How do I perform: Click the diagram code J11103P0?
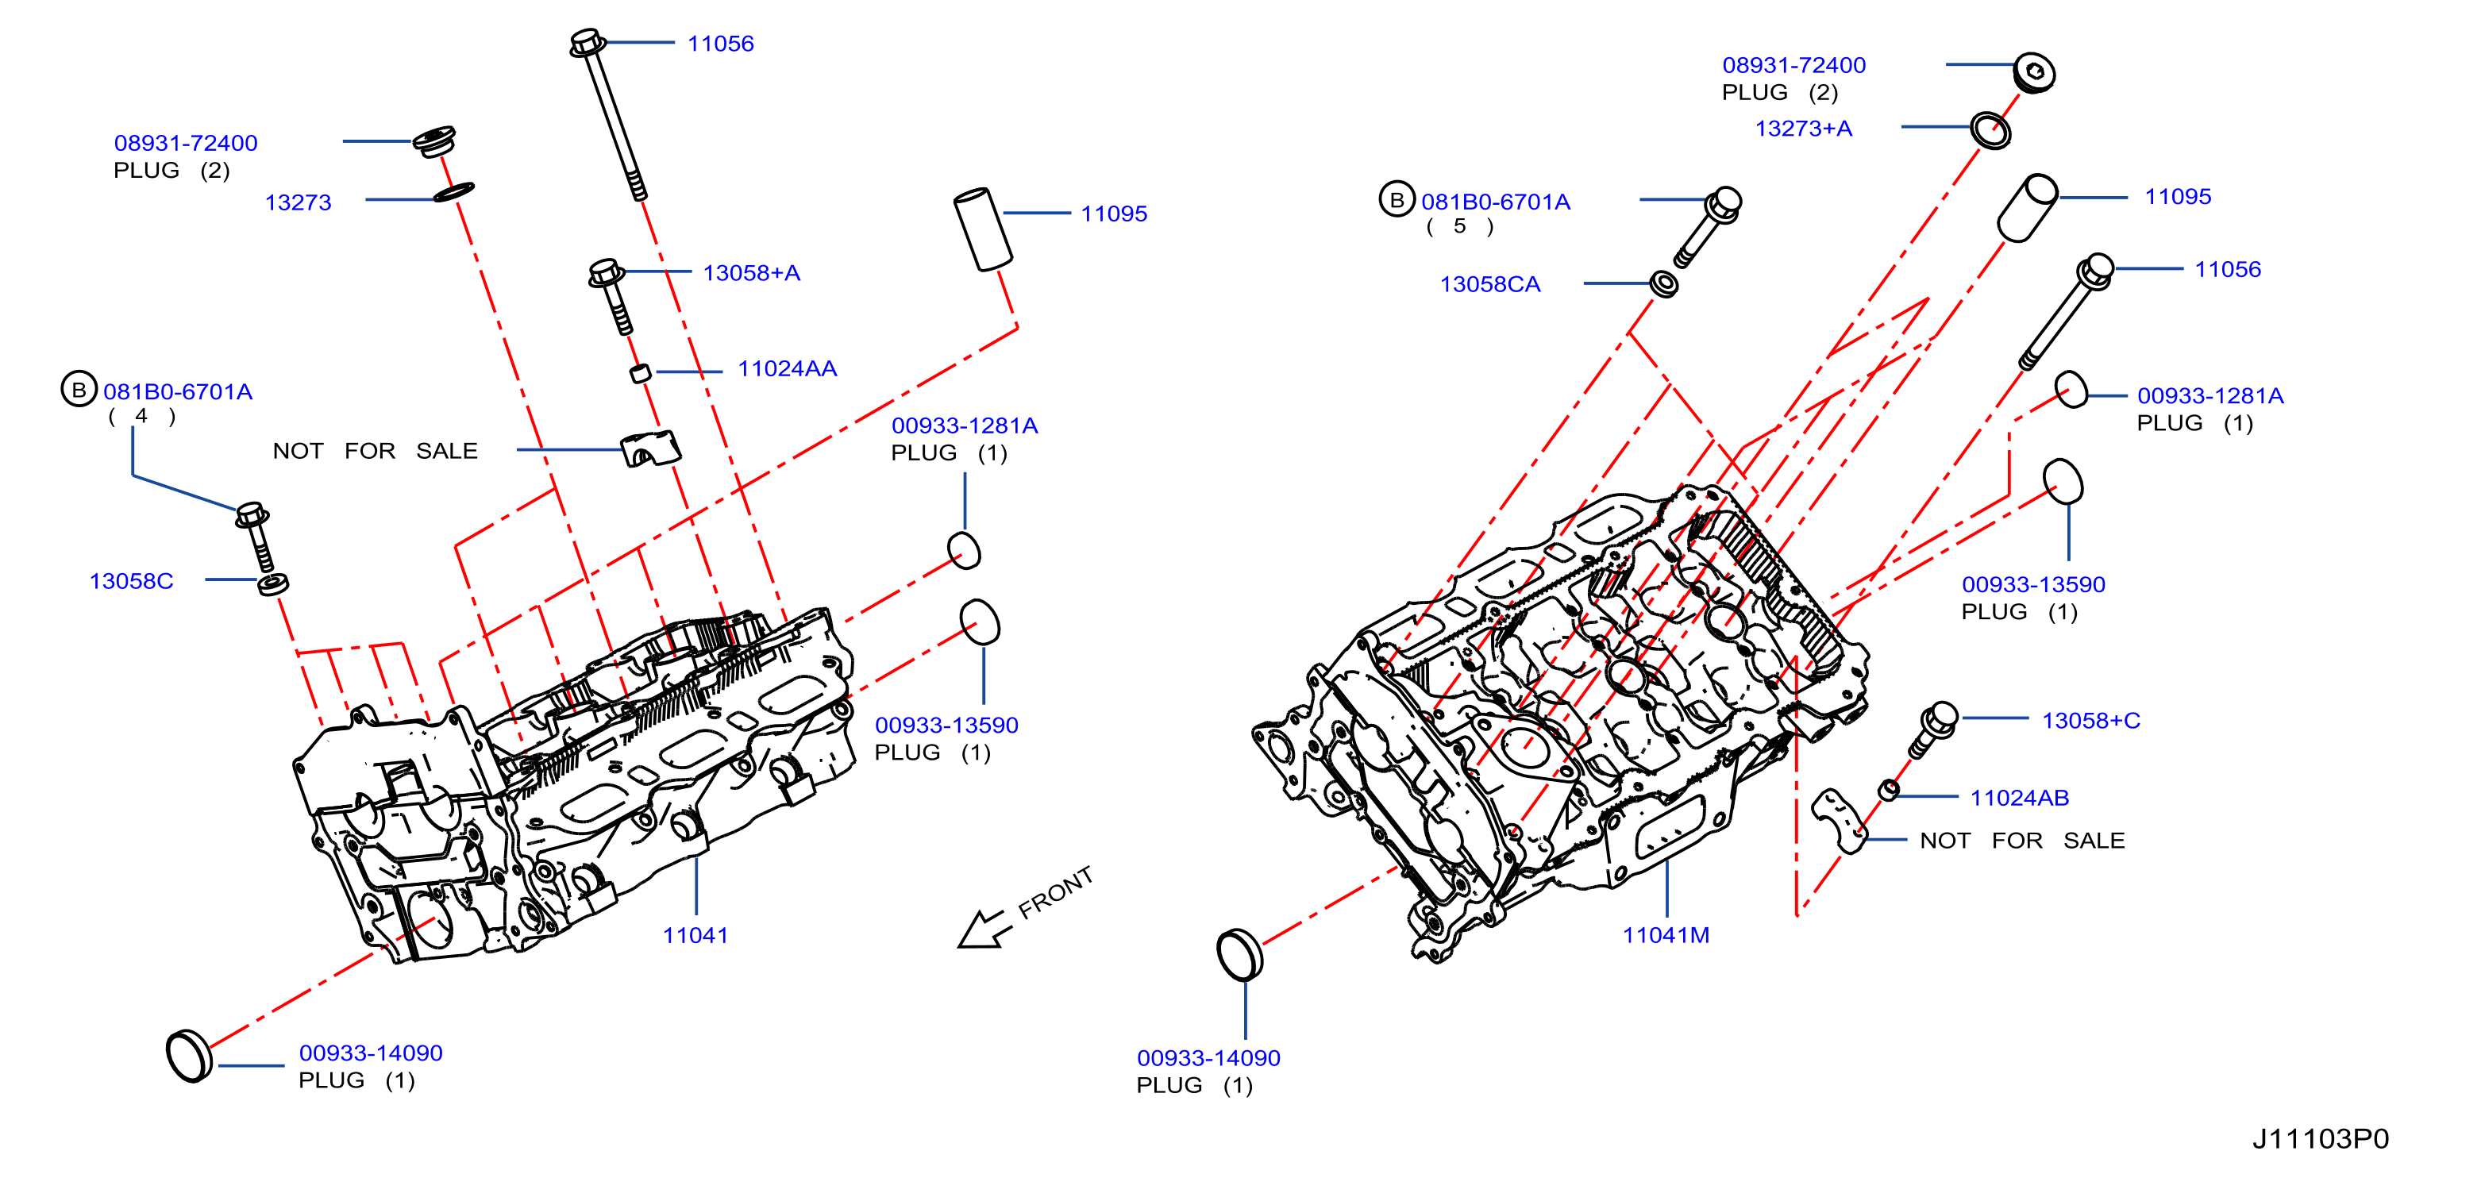[x=2320, y=1138]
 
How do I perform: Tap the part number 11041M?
[x=1666, y=935]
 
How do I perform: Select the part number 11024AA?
[x=787, y=368]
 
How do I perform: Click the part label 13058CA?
[x=1490, y=285]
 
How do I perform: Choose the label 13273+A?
[x=1803, y=129]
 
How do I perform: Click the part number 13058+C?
[x=2090, y=721]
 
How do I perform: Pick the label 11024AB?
[x=2019, y=798]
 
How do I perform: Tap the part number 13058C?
[x=131, y=581]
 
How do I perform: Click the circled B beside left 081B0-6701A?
[x=79, y=390]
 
